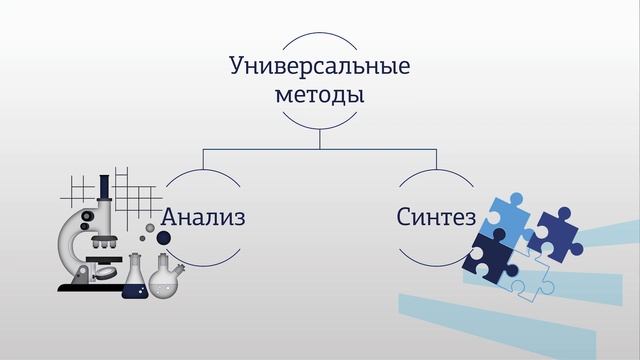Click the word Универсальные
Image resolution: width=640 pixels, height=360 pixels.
click(320, 68)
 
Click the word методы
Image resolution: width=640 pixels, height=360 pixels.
click(319, 97)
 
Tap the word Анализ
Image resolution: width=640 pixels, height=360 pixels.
click(203, 216)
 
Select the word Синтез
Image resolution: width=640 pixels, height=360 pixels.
click(436, 216)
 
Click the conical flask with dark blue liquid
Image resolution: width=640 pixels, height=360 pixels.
click(135, 281)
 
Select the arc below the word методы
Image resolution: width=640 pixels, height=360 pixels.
click(319, 126)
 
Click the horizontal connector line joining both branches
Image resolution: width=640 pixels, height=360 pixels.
click(320, 149)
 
